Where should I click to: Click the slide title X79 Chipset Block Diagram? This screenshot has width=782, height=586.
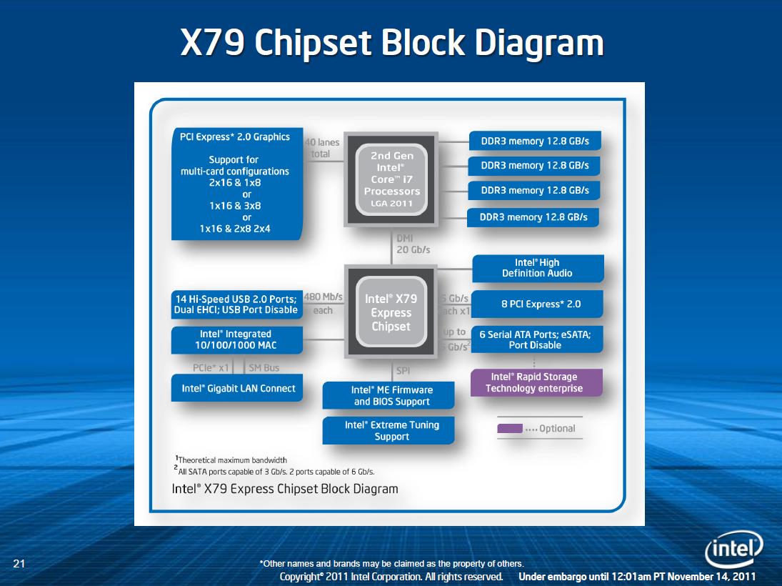click(x=391, y=44)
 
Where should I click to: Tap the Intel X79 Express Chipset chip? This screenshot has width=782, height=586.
click(x=391, y=312)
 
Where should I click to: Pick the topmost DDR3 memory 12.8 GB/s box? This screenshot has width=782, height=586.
click(x=534, y=141)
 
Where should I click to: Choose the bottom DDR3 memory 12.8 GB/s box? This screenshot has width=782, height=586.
click(x=533, y=217)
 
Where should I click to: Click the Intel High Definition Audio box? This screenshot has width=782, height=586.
click(x=538, y=268)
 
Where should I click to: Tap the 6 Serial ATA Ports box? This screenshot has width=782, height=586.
click(x=538, y=339)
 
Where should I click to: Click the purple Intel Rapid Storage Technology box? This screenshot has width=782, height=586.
click(x=536, y=382)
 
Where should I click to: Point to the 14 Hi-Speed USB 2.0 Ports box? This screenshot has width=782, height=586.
click(x=236, y=304)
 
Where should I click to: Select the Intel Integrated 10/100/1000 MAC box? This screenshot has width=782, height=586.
click(x=236, y=339)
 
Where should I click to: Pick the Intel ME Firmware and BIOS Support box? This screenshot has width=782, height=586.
click(x=389, y=395)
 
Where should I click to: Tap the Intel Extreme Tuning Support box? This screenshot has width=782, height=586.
click(x=389, y=430)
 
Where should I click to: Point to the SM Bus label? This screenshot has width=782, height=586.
click(x=264, y=367)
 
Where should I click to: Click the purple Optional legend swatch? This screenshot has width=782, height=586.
click(x=509, y=429)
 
